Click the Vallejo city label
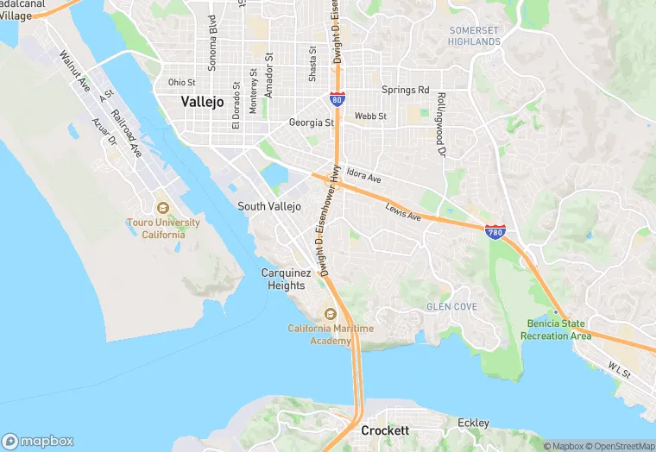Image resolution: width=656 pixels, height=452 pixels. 202,102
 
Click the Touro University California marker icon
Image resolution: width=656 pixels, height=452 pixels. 161,207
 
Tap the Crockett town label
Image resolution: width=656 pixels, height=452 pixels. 385,430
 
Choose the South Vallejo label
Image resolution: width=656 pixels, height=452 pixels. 269,207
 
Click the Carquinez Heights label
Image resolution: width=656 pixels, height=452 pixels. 283,279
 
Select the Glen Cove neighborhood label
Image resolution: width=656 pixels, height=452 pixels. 451,306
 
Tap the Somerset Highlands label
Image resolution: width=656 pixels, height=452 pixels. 474,36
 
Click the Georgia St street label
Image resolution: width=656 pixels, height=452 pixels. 311,123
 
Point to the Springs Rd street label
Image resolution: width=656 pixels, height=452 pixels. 406,90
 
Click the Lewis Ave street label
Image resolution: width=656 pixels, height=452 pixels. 403,212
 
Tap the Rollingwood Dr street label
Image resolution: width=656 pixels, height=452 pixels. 440,125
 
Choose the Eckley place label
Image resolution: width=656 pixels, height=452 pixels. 473,423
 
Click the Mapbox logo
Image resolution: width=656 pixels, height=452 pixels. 38,441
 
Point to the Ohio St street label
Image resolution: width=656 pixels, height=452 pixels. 181,83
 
